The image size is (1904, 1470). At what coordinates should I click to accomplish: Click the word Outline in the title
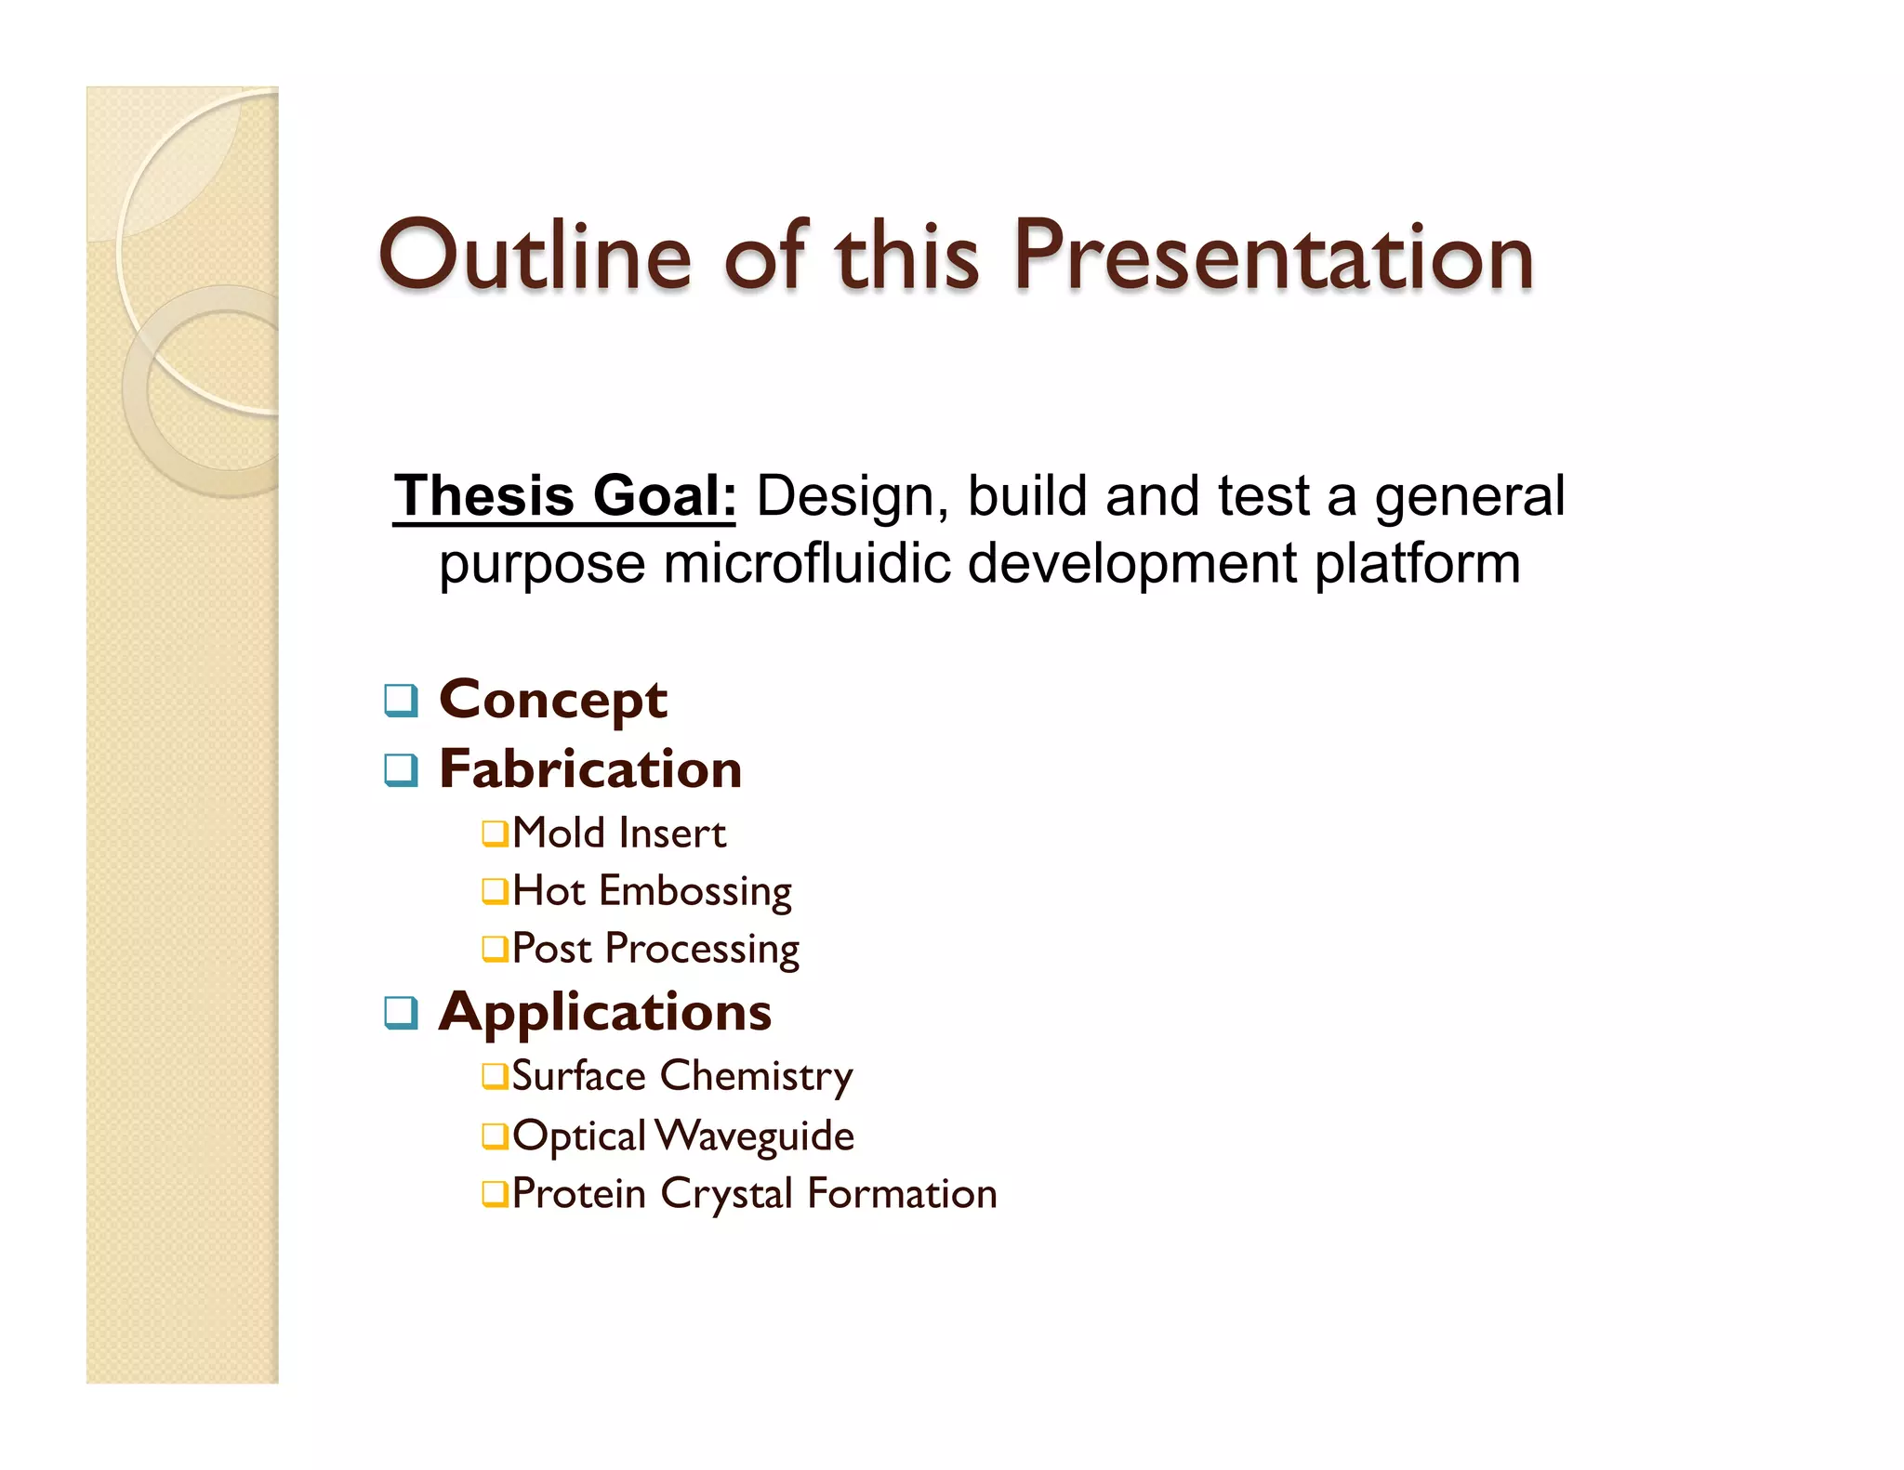tap(535, 255)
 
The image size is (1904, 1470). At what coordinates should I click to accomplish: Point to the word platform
tap(1417, 563)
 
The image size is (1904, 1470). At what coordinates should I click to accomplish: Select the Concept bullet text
tap(553, 699)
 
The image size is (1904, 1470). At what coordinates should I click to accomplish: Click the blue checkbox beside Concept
tap(401, 700)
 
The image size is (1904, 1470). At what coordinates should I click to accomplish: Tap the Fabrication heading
tap(590, 769)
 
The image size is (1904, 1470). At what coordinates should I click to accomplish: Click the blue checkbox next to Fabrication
tap(401, 770)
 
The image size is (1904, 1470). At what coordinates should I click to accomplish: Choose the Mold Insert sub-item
tap(618, 833)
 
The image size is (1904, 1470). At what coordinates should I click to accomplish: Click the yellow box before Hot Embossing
tap(495, 891)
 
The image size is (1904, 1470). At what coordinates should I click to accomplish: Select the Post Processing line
tap(655, 949)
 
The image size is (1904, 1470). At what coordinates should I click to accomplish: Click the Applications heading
tap(605, 1012)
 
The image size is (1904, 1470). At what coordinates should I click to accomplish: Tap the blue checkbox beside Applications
tap(401, 1013)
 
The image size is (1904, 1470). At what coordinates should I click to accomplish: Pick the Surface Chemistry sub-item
tap(681, 1076)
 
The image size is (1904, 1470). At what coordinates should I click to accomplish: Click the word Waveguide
tap(754, 1135)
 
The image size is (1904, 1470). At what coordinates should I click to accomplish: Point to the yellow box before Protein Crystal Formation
tap(495, 1193)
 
